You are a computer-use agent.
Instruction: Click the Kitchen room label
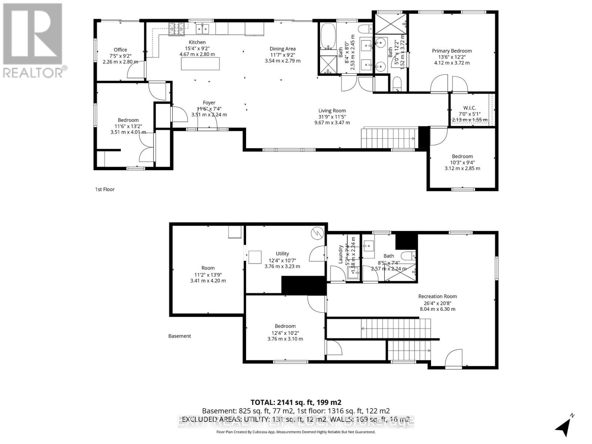197,42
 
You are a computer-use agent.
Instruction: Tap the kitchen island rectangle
200,64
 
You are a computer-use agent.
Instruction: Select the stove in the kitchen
176,29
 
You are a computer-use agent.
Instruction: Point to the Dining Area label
282,49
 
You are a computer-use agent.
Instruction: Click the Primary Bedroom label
452,51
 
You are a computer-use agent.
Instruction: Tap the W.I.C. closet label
470,108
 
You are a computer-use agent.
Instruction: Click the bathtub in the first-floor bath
328,36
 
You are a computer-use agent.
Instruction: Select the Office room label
120,50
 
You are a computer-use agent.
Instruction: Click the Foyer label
209,103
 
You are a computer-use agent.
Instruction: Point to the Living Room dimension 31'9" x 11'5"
332,117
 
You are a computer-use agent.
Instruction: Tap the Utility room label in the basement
282,253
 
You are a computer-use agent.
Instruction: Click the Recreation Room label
437,296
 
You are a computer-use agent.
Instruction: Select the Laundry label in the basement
341,254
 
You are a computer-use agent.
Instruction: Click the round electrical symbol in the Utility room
317,233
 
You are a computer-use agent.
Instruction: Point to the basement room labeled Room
208,268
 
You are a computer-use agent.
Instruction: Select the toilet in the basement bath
408,256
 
